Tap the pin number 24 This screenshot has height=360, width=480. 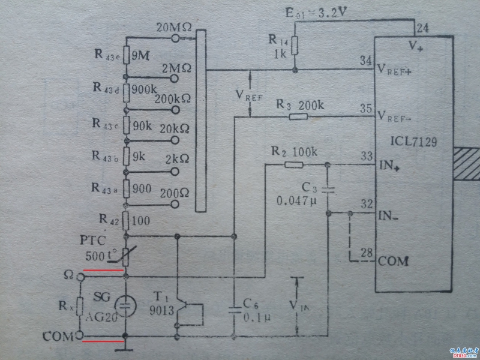point(422,28)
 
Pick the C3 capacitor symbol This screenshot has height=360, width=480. point(326,189)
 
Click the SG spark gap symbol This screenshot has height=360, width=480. point(124,305)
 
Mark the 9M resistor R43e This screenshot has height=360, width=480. point(126,55)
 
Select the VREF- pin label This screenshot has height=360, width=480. point(396,116)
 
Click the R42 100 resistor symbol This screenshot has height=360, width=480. point(126,221)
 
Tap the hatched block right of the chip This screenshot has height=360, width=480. point(467,163)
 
